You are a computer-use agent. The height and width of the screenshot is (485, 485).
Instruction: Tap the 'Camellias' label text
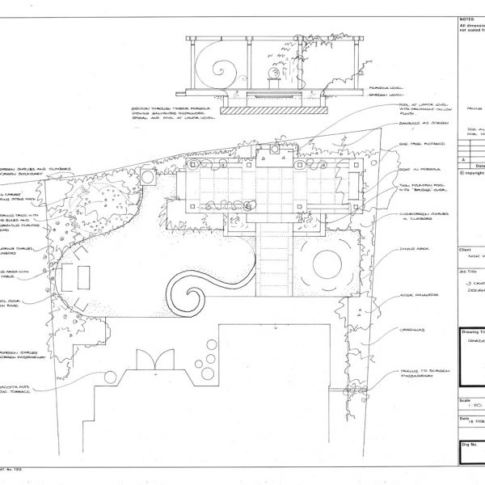click(411, 330)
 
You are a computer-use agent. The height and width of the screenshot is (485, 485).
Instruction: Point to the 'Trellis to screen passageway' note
click(421, 373)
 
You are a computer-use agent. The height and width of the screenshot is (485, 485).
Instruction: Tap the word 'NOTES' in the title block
click(466, 17)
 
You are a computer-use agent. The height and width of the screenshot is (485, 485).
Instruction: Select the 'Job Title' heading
click(466, 273)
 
